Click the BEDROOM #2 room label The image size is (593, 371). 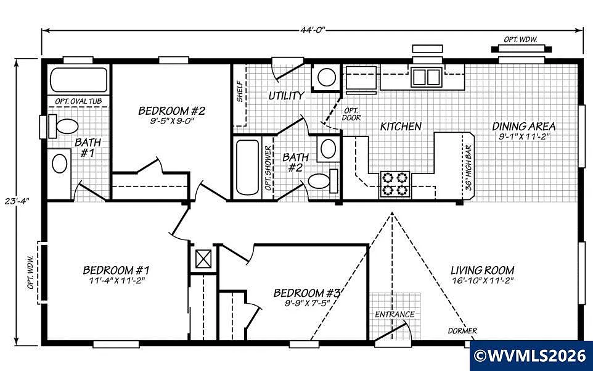(171, 111)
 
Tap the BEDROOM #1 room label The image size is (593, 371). (116, 270)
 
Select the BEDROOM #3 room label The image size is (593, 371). (307, 293)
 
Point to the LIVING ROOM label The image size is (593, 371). (482, 270)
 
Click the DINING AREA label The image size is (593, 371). (523, 127)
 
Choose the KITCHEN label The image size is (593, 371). (401, 127)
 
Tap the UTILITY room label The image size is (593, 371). (286, 96)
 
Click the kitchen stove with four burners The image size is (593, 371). (395, 183)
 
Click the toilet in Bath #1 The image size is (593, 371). (63, 127)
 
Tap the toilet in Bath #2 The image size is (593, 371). (321, 180)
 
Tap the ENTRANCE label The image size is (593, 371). (395, 314)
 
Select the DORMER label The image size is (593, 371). (462, 331)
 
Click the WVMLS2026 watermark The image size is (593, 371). (531, 356)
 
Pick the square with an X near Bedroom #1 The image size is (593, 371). (203, 257)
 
